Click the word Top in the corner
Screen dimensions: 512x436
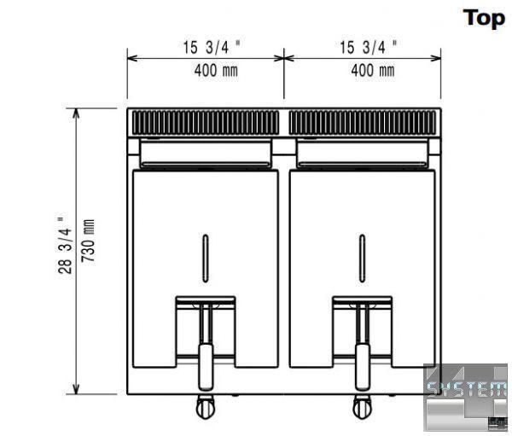pyautogui.click(x=484, y=19)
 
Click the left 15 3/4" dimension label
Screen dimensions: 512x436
pyautogui.click(x=212, y=47)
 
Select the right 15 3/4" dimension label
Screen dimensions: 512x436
pyautogui.click(x=369, y=47)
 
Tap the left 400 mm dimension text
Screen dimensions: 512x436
pyautogui.click(x=216, y=70)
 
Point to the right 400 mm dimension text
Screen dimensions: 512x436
pyautogui.click(x=373, y=70)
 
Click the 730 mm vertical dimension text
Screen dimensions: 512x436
pyautogui.click(x=88, y=241)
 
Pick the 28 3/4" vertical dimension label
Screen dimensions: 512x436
pyautogui.click(x=65, y=244)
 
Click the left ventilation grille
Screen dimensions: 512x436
pyautogui.click(x=206, y=123)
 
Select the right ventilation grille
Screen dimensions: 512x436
pyautogui.click(x=363, y=123)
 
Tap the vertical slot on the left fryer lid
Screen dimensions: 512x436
pyautogui.click(x=206, y=259)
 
